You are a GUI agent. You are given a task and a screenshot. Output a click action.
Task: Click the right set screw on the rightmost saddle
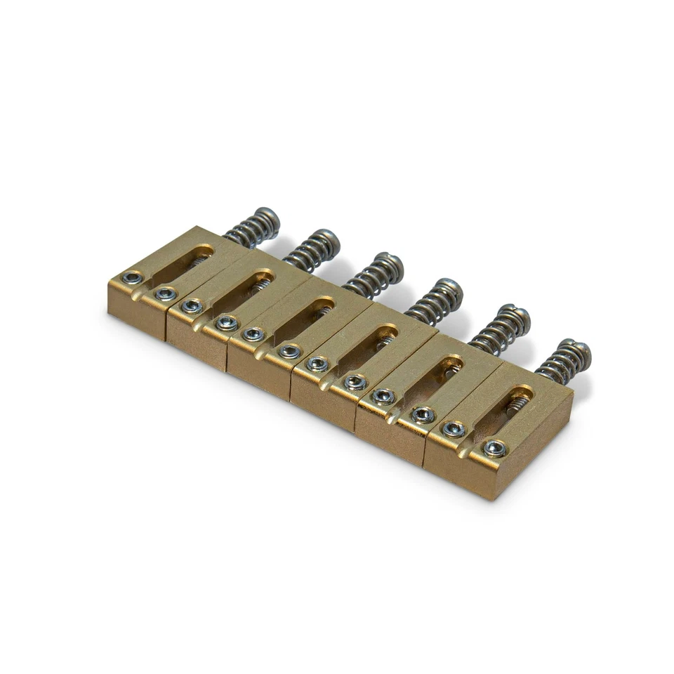point(495,448)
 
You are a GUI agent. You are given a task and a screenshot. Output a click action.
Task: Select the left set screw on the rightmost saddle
point(453,430)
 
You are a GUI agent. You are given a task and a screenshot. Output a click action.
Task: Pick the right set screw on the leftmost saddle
point(165,293)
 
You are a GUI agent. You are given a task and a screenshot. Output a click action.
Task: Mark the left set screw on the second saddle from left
point(192,306)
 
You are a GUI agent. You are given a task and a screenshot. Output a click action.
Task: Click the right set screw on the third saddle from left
point(289,350)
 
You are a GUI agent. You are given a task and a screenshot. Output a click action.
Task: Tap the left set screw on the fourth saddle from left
point(317,363)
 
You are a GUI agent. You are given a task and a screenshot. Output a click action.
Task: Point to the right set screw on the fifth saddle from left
point(423,414)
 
